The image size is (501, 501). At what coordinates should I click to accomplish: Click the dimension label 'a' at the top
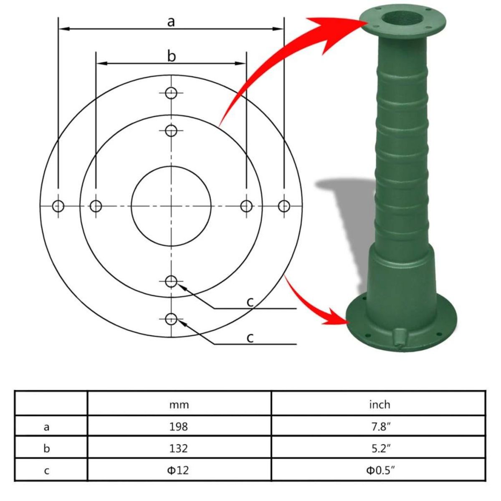[171, 22]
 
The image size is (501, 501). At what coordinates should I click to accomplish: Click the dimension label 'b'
[172, 56]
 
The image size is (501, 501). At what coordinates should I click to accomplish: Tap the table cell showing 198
[179, 426]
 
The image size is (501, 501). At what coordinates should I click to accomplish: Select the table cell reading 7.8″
[380, 426]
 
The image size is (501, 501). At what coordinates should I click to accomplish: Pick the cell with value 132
[179, 448]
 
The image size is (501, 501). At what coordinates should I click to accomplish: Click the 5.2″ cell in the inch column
[380, 448]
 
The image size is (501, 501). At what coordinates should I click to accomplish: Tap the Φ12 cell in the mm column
[179, 470]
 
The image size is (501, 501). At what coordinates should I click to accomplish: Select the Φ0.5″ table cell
[380, 470]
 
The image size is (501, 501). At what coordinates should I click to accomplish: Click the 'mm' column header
[179, 404]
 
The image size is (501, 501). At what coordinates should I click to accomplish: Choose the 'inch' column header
[380, 404]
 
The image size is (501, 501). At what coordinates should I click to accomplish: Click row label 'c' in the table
[47, 471]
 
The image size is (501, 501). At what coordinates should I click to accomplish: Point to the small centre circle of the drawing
[171, 205]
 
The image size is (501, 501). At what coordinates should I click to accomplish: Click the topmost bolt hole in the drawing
[171, 93]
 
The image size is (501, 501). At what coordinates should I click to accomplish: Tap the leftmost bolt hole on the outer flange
[58, 206]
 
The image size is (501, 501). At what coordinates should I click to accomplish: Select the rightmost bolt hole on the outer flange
[284, 206]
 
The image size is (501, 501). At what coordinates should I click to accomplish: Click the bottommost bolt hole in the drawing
[171, 319]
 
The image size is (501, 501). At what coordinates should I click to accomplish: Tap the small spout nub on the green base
[399, 337]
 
